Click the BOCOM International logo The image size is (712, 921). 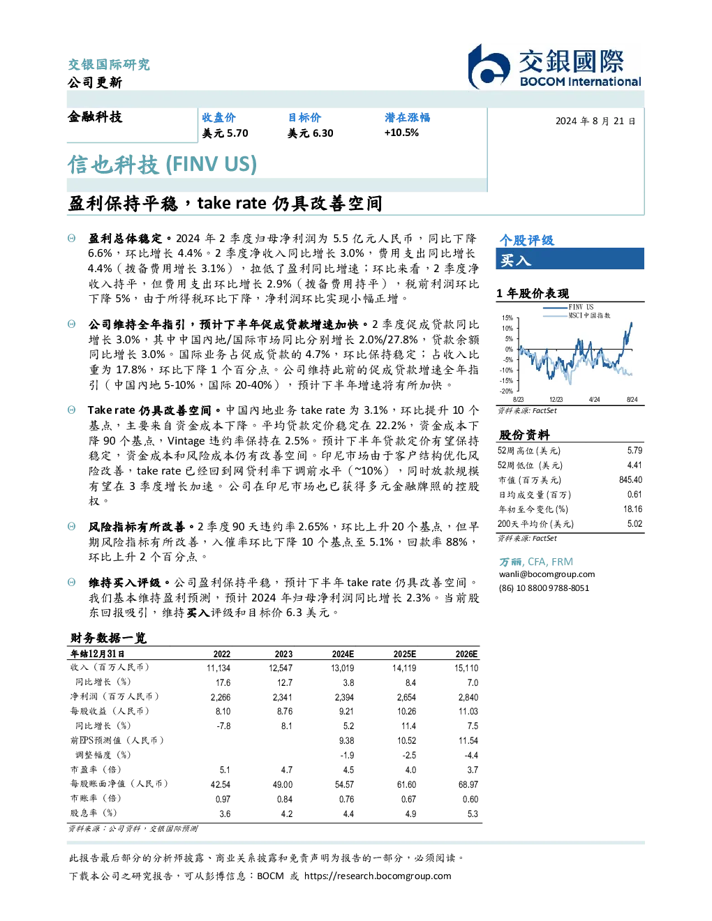pos(554,66)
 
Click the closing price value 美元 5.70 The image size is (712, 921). pos(225,133)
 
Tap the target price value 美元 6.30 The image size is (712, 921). pos(311,133)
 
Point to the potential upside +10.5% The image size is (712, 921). pos(401,133)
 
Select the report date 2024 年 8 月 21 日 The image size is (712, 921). pos(595,121)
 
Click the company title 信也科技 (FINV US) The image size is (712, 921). pos(163,165)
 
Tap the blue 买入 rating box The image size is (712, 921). pos(570,259)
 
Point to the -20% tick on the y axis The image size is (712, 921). pos(507,391)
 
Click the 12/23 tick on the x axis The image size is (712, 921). pos(556,399)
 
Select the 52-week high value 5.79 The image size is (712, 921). pos(635,450)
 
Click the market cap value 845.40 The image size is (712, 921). pos(630,479)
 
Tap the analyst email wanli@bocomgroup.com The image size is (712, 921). pos(547,574)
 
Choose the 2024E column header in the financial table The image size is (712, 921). pos(343,654)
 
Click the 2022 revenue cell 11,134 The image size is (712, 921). pos(218,668)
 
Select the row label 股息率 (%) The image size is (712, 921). pos(94,813)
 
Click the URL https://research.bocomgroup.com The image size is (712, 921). pos(378,876)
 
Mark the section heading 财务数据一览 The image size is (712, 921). pos(109,638)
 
